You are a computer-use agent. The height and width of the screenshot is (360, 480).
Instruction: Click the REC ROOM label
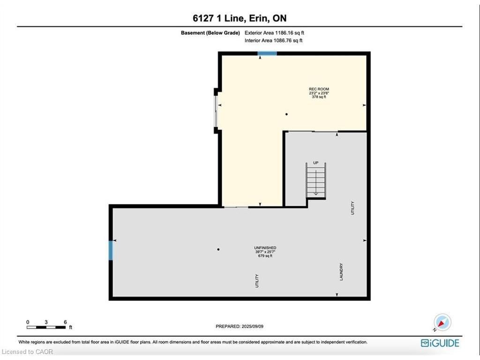[x=319, y=89]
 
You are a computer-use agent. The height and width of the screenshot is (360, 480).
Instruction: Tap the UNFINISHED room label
[x=265, y=247]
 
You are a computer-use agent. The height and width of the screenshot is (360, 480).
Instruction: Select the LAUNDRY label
[x=341, y=272]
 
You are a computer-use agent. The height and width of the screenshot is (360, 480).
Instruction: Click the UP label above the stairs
[x=315, y=163]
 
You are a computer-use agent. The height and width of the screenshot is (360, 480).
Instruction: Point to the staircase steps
[x=316, y=180]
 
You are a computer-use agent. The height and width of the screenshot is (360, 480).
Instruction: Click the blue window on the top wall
[x=267, y=53]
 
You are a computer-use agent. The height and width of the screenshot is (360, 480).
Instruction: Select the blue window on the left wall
[x=111, y=250]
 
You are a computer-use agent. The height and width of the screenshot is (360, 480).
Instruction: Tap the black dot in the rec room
[x=286, y=114]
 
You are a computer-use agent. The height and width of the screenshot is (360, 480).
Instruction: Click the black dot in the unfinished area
[x=218, y=249]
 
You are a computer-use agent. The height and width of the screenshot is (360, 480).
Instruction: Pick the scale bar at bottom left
[x=46, y=327]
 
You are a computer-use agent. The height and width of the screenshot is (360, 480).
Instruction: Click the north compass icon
[x=442, y=322]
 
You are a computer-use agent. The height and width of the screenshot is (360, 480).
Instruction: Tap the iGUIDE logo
[x=440, y=343]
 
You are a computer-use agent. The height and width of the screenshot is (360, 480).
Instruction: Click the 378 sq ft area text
[x=319, y=97]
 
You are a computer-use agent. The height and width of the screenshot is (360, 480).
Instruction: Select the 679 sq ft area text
[x=265, y=255]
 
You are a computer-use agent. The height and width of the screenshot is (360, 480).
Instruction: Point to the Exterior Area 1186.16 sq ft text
[x=274, y=33]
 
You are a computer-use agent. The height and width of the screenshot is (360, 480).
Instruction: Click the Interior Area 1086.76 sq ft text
[x=273, y=40]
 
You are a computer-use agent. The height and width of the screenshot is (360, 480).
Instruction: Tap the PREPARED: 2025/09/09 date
[x=240, y=326]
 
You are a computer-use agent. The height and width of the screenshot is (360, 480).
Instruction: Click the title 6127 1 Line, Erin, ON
[x=240, y=18]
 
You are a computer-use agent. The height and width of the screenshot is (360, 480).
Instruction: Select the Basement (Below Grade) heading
[x=210, y=33]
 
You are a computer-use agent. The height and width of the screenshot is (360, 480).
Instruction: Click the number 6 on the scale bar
[x=65, y=322]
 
